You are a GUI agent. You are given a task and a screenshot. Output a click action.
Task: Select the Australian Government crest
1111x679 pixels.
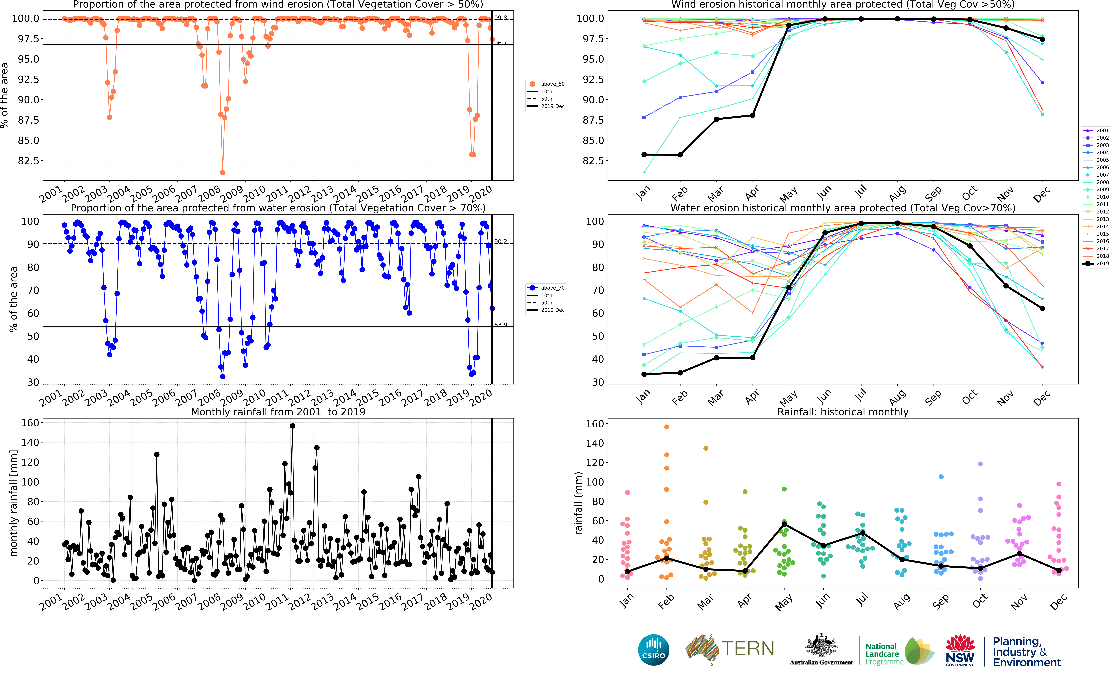[x=821, y=646]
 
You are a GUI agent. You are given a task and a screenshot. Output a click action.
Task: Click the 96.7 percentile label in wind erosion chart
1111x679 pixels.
[x=500, y=43]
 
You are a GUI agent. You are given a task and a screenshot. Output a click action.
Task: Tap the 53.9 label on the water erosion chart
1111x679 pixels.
[x=500, y=325]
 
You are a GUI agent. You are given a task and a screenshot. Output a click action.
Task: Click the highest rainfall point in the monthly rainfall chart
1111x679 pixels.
[x=293, y=426]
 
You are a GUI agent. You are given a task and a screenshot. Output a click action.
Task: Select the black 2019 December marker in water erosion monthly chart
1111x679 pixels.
[x=1042, y=308]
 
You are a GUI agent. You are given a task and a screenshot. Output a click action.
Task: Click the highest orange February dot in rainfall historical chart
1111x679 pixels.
[x=666, y=426]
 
